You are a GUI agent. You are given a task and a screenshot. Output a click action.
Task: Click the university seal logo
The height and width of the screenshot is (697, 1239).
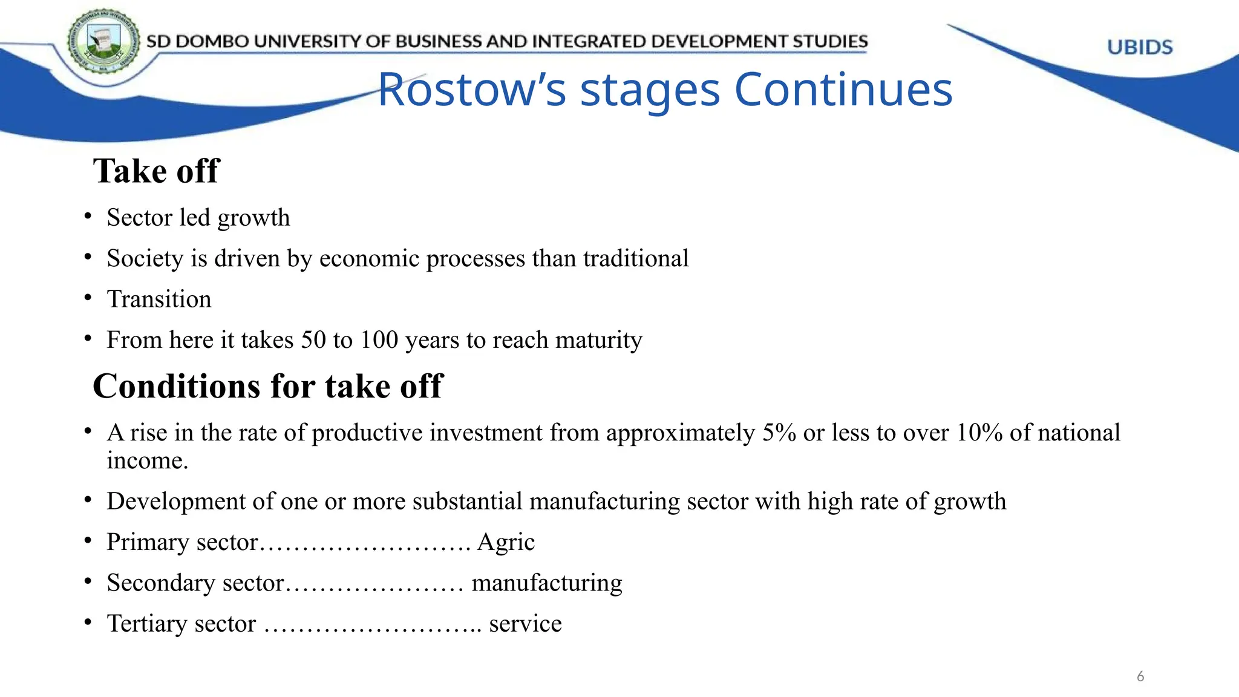103,41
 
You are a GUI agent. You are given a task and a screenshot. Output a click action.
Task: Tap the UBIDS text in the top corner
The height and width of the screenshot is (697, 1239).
1140,47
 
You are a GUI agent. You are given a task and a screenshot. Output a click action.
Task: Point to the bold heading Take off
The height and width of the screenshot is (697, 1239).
156,171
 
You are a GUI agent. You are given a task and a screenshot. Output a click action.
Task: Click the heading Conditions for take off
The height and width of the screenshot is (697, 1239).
268,386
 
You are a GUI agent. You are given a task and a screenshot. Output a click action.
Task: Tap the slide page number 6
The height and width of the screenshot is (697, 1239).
1140,676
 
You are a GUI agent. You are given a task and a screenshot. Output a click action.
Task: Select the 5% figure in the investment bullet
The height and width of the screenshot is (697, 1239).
779,433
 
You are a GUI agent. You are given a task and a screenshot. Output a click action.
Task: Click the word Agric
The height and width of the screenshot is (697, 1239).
506,542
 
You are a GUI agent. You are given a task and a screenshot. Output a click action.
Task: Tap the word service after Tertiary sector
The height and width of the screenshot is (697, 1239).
525,624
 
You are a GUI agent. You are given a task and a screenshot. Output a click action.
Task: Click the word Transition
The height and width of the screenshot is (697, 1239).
159,299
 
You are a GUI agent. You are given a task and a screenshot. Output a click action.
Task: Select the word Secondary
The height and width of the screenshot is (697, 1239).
161,583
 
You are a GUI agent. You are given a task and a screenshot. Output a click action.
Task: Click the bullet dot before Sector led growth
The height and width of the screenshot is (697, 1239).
88,216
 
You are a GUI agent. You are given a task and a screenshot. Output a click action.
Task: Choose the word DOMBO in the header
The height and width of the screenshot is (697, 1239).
212,41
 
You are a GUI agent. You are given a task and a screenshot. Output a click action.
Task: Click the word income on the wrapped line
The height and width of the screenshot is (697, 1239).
148,461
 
